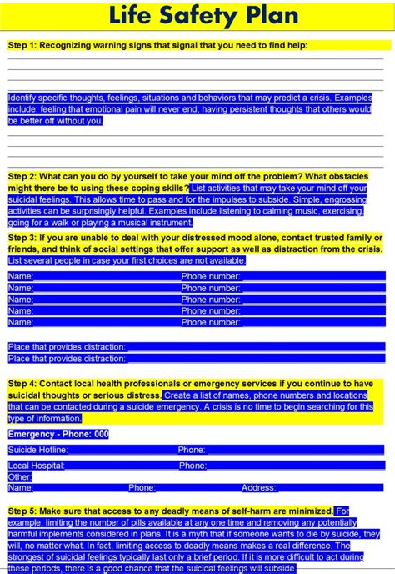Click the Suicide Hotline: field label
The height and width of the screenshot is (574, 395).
click(x=37, y=450)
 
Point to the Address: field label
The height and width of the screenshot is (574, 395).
click(x=259, y=487)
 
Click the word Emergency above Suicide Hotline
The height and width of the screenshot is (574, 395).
click(x=31, y=434)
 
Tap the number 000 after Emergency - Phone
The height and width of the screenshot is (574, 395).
click(x=101, y=434)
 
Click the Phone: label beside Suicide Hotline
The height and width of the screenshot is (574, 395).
click(x=192, y=450)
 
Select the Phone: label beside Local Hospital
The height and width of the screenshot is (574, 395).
click(x=192, y=466)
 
